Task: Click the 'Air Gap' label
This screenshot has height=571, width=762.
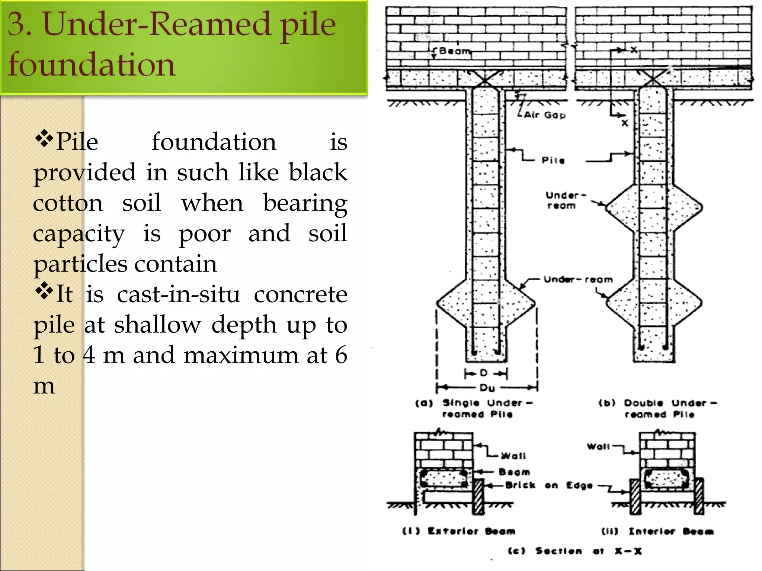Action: [544, 115]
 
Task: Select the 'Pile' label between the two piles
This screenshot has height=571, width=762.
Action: [553, 161]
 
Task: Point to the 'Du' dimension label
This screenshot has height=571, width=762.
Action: [487, 388]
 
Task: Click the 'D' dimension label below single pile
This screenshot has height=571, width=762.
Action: [483, 373]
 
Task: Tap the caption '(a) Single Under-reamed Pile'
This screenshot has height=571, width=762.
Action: [474, 408]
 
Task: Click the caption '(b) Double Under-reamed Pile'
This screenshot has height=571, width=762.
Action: [657, 408]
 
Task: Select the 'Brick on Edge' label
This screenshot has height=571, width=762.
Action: [549, 485]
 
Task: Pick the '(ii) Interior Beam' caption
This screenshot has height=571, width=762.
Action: [657, 531]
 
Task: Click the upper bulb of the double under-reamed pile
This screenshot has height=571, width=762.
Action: [654, 207]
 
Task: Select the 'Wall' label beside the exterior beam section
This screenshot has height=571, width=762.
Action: [513, 456]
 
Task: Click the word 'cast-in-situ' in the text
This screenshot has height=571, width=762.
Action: [179, 294]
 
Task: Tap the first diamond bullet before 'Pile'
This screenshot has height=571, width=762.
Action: [44, 138]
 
